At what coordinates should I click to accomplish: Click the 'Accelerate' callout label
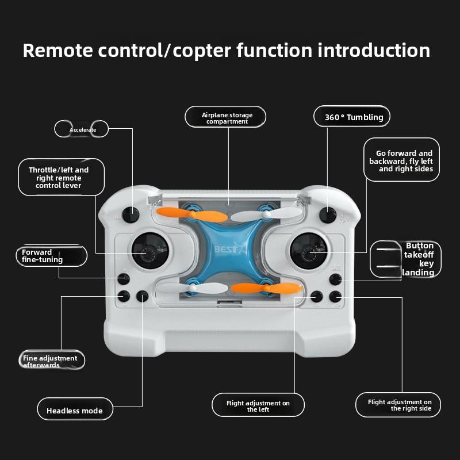[82, 129]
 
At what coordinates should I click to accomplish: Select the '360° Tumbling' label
[352, 117]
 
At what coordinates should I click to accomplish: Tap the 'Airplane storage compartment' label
[227, 117]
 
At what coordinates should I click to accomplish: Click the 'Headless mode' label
[75, 411]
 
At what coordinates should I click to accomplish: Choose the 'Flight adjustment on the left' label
[258, 406]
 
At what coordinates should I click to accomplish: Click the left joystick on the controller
[150, 250]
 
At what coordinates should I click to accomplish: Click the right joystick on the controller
[308, 250]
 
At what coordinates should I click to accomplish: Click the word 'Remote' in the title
[57, 51]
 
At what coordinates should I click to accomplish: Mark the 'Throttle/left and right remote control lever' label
[59, 178]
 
